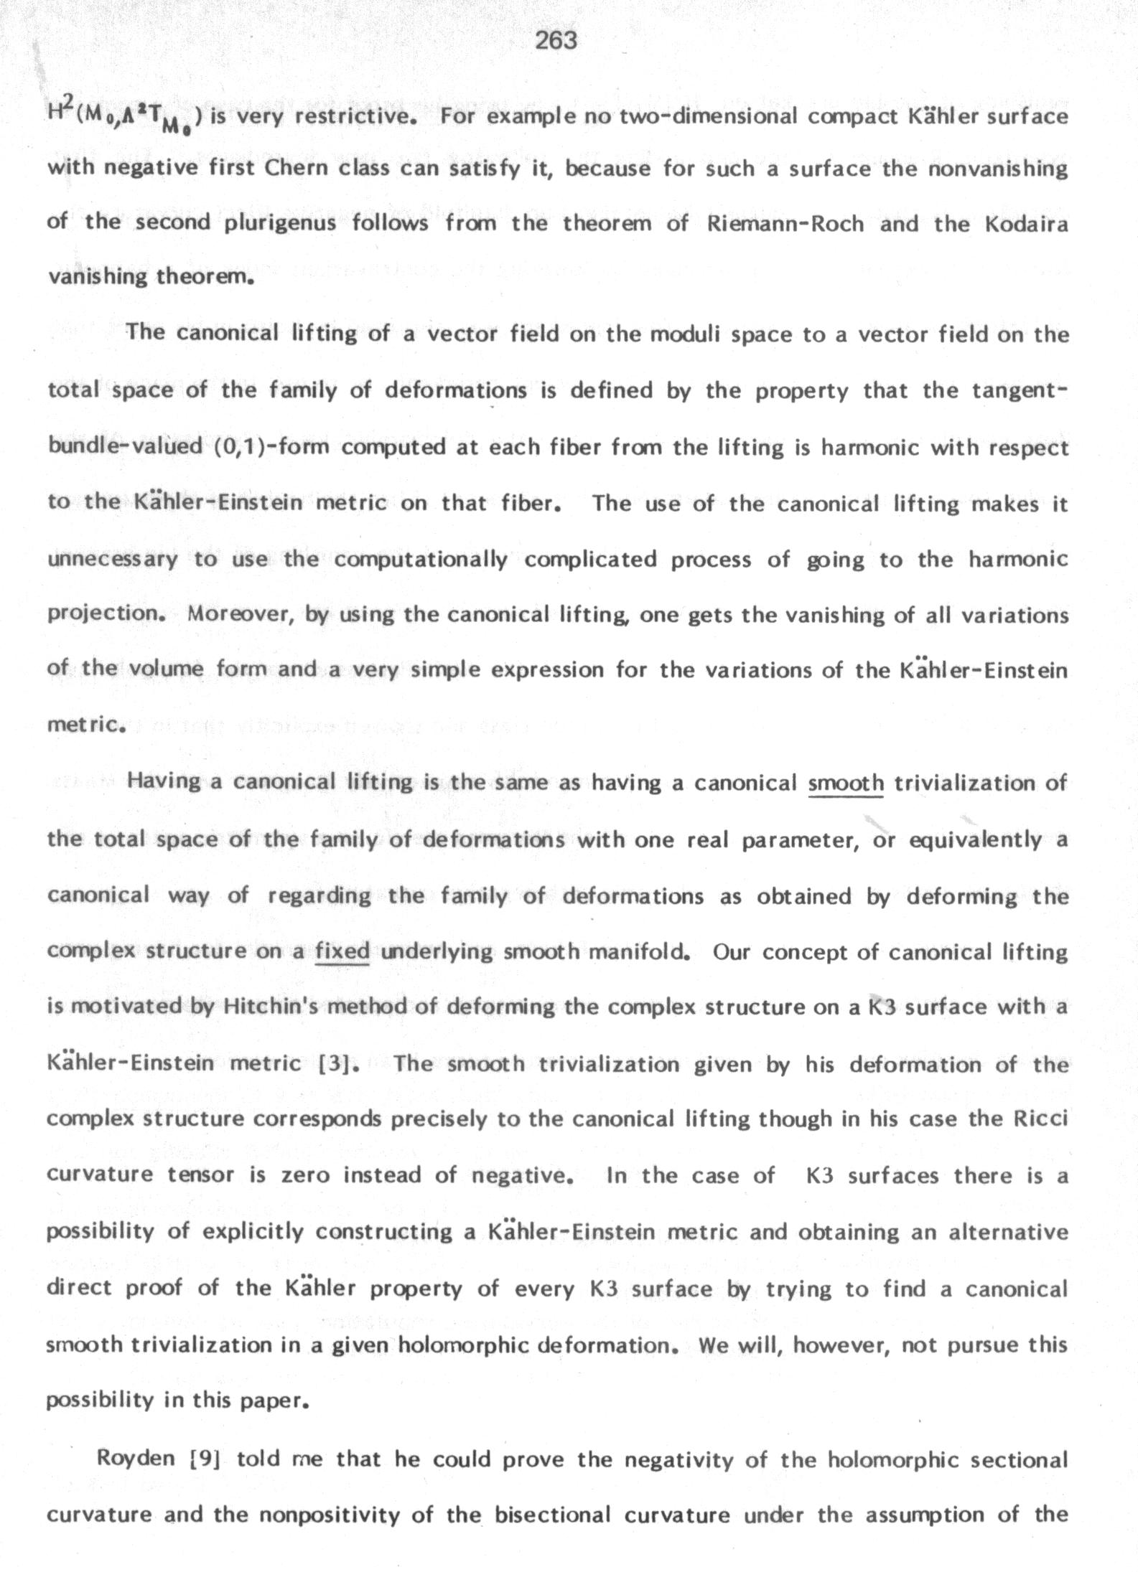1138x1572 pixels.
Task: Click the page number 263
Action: pyautogui.click(x=556, y=41)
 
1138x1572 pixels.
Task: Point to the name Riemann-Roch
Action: pyautogui.click(x=785, y=224)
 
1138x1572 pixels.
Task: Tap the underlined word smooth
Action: pyautogui.click(x=846, y=783)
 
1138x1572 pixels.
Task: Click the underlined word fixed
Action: pyautogui.click(x=342, y=952)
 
